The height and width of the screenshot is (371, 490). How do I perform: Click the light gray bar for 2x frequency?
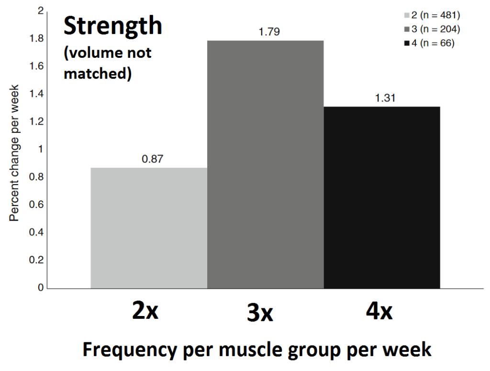tap(149, 228)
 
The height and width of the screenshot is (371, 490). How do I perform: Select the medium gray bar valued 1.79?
tap(266, 164)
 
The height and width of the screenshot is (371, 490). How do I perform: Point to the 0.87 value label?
tap(153, 159)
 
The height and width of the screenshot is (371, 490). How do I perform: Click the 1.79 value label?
tap(268, 32)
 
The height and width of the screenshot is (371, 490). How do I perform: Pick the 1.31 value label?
tap(385, 98)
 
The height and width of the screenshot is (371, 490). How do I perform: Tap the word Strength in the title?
tap(113, 26)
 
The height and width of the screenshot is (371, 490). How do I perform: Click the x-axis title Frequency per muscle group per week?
tap(257, 350)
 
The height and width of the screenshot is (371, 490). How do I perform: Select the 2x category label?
tap(145, 312)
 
